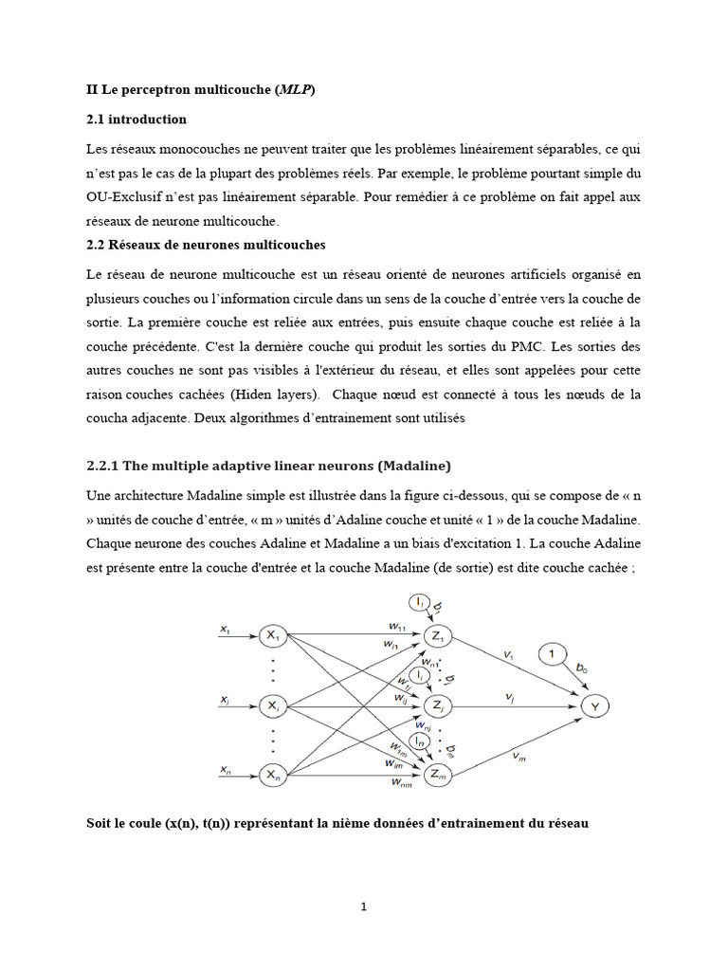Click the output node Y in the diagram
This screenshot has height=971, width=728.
click(594, 705)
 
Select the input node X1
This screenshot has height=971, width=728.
click(273, 635)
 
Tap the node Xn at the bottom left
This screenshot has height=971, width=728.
click(273, 776)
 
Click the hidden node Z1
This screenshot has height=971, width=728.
click(439, 635)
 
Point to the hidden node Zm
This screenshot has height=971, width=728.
click(439, 776)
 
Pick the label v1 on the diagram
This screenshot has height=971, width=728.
click(509, 654)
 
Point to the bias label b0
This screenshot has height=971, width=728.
click(580, 669)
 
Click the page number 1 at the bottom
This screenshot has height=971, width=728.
click(364, 907)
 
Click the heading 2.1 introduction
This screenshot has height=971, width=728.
click(136, 119)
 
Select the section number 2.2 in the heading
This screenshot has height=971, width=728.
click(97, 245)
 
